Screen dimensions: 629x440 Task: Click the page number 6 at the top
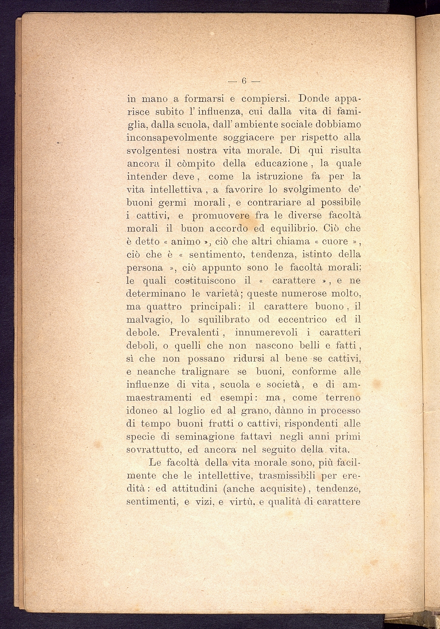pyautogui.click(x=244, y=81)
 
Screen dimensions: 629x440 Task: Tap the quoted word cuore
pyautogui.click(x=335, y=241)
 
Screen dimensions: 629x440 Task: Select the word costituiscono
pyautogui.click(x=205, y=281)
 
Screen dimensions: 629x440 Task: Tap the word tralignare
pyautogui.click(x=205, y=372)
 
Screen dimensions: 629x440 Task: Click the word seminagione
pyautogui.click(x=205, y=437)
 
